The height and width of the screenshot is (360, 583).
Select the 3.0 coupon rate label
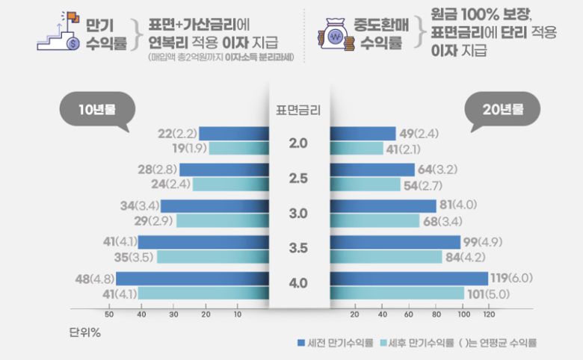pos(299,214)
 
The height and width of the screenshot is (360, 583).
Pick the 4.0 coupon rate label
pos(299,283)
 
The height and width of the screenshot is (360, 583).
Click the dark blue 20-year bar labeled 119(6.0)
pos(408,278)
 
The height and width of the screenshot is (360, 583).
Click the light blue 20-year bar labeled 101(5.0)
pos(396,293)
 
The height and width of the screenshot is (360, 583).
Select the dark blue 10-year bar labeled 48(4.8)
pos(192,278)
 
